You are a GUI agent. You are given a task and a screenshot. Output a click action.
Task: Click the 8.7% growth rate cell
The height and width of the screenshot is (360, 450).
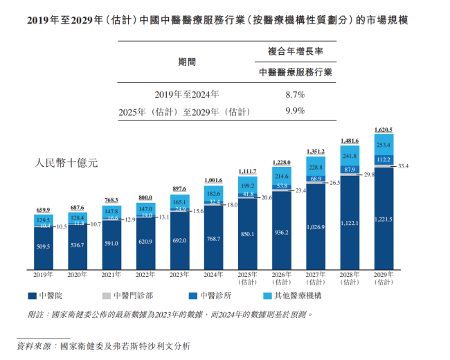[x=295, y=93]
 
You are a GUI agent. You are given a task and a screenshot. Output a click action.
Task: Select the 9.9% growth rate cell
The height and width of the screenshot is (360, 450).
[x=295, y=111]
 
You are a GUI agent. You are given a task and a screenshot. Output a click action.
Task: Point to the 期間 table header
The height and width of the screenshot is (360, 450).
[x=187, y=62]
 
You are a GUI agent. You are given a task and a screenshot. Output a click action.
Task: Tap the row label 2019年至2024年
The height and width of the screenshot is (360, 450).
[x=187, y=93]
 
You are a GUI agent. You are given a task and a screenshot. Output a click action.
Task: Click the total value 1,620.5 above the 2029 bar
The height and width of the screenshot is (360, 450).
[x=383, y=129]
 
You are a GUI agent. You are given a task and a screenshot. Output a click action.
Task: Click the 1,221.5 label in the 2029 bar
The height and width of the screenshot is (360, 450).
[x=383, y=219]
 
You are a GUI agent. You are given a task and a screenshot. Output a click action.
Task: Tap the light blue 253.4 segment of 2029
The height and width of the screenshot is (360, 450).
[x=383, y=145]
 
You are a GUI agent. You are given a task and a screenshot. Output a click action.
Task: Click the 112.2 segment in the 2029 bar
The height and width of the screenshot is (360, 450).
[x=383, y=159]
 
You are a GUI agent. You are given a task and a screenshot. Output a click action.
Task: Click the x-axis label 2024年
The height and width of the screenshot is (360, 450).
[x=214, y=275]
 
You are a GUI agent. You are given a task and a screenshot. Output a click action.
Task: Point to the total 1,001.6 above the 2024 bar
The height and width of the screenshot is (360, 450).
[x=214, y=180]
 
